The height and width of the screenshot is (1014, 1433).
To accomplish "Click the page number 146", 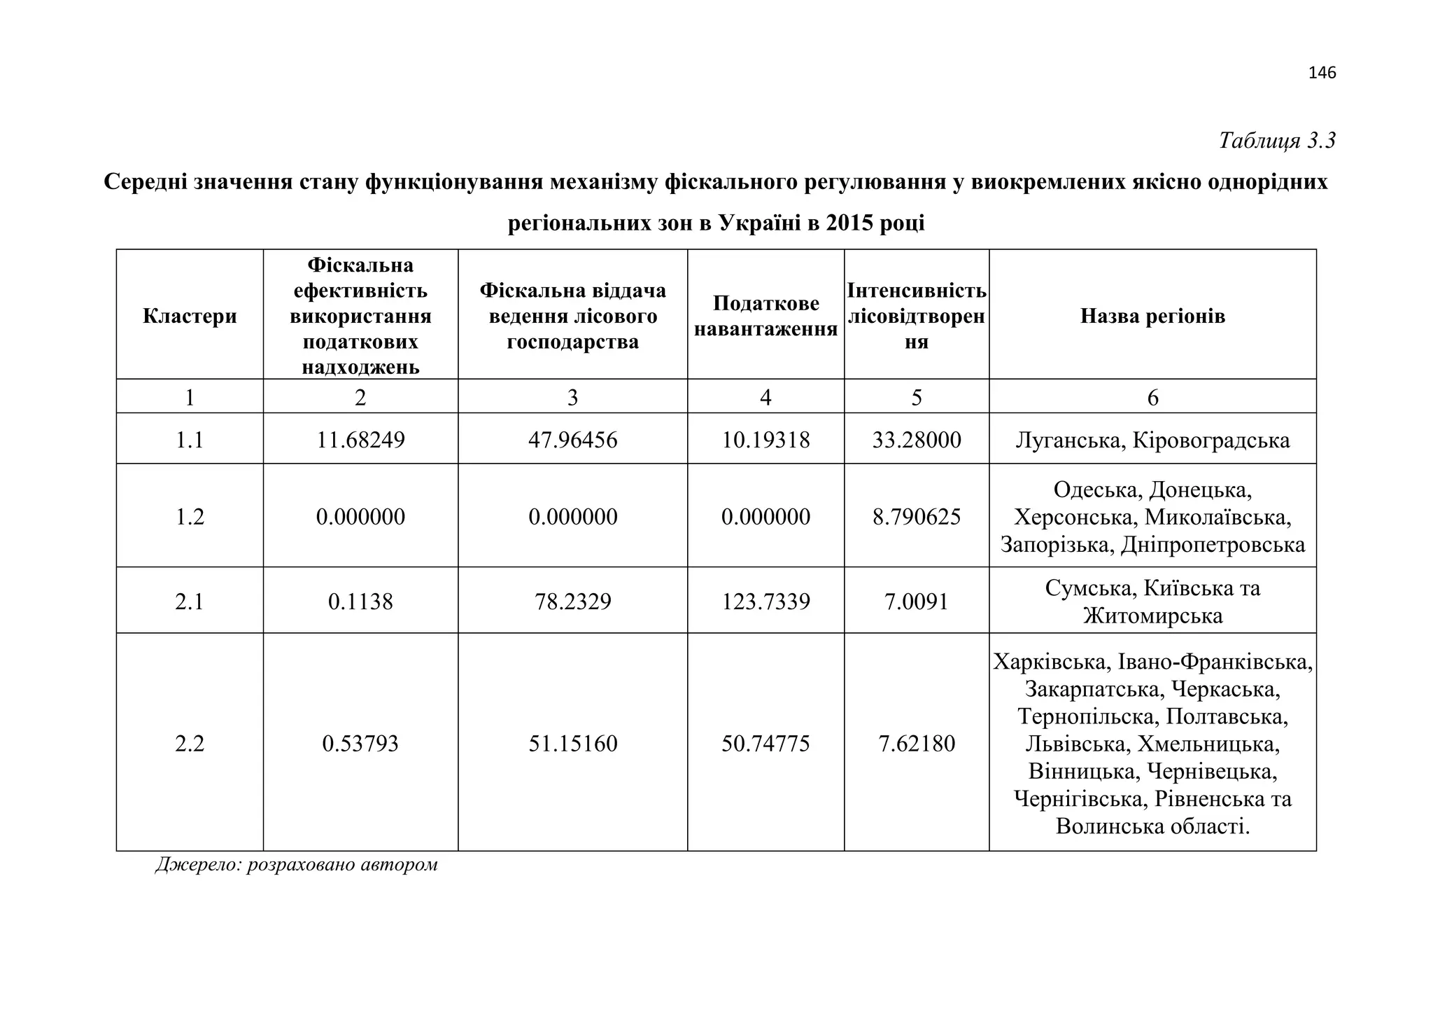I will click(1322, 73).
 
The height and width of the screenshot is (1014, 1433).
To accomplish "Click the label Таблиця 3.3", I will click(1277, 141).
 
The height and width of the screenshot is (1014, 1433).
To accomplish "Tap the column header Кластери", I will click(190, 316).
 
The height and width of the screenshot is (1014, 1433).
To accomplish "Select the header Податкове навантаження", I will click(765, 316).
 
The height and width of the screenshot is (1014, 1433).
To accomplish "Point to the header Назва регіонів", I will click(1152, 316).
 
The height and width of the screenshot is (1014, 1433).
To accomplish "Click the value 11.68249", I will click(360, 440).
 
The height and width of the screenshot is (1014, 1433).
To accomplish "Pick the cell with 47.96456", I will click(572, 440).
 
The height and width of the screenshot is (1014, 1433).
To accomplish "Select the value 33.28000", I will click(917, 440).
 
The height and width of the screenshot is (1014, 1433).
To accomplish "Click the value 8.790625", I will click(917, 517).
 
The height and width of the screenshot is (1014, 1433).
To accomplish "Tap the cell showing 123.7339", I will click(765, 602).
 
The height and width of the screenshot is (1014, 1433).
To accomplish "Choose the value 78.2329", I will click(572, 602).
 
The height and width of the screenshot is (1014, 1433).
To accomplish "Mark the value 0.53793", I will click(360, 743).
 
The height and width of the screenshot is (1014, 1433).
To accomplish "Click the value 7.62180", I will click(917, 743).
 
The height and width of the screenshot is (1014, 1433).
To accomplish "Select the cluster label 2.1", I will click(190, 602).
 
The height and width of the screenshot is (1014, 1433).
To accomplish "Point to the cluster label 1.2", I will click(190, 517).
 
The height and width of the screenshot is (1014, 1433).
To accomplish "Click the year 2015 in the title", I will click(849, 223).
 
